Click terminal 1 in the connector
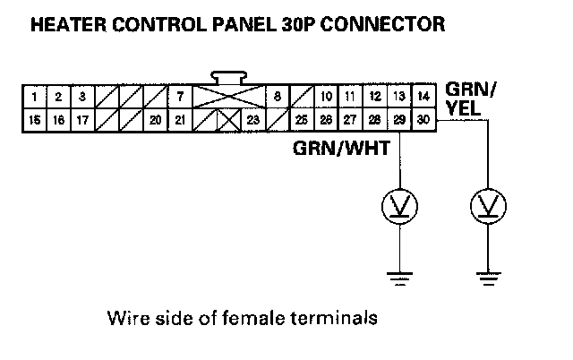(33, 96)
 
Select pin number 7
(180, 96)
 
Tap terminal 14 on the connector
(423, 96)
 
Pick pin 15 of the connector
(33, 118)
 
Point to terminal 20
(156, 118)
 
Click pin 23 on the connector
(253, 118)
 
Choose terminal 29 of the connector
(398, 118)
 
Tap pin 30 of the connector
(423, 118)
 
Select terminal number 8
(278, 96)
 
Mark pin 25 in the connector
(302, 118)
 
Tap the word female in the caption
(239, 317)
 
